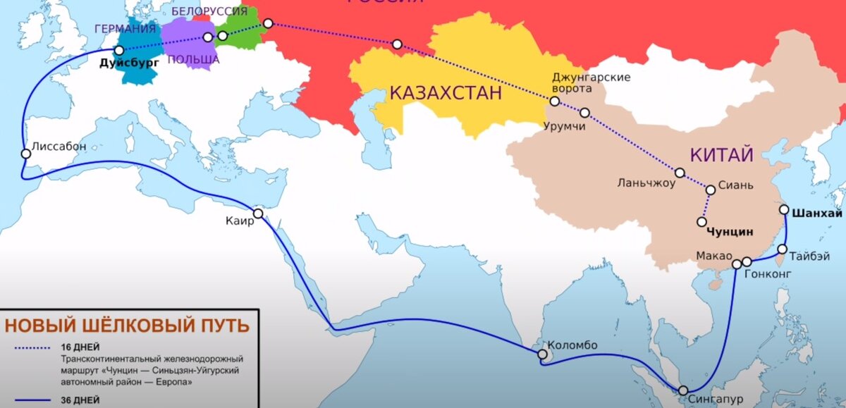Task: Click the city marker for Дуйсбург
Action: (x=119, y=51)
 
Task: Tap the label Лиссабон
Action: (x=59, y=147)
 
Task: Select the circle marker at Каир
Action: (x=258, y=214)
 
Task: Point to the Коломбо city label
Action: (x=572, y=345)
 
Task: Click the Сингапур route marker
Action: (x=683, y=390)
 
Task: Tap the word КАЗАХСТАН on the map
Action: (x=446, y=92)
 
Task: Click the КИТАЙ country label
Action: (x=721, y=155)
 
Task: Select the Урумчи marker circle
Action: (x=584, y=113)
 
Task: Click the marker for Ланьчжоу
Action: (x=680, y=173)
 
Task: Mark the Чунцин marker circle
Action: (x=701, y=222)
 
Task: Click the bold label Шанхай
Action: (x=817, y=212)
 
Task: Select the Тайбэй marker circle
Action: (x=783, y=249)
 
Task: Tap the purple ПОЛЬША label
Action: (x=195, y=60)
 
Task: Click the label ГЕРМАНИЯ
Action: (x=127, y=28)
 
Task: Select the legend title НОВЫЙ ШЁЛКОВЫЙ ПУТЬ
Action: (x=127, y=326)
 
